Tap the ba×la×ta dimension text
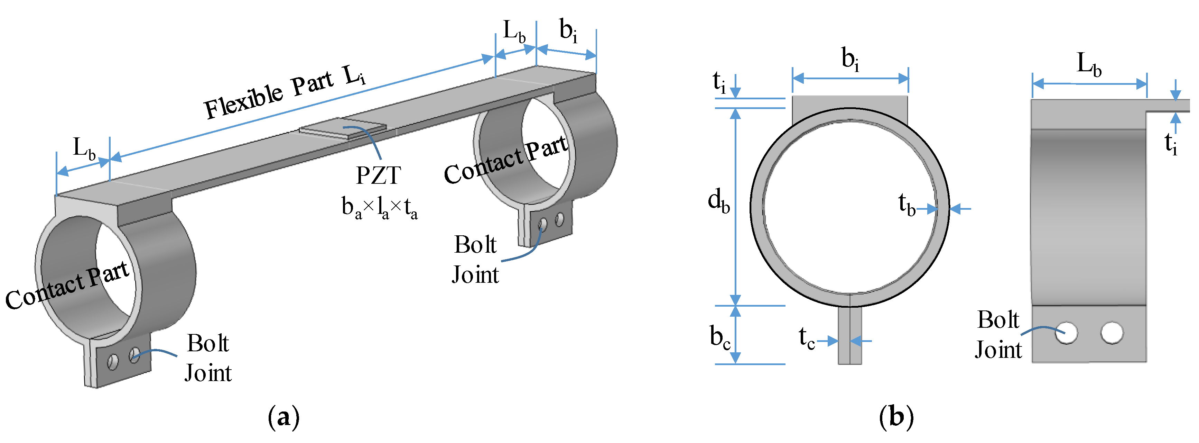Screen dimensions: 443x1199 coord(379,207)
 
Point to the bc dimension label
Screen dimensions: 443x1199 coord(719,337)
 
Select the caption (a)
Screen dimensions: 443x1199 coord(284,416)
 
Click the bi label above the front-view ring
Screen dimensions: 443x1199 coord(850,60)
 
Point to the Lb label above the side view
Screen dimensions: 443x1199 coord(1089,64)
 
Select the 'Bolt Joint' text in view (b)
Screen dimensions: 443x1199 coord(998,334)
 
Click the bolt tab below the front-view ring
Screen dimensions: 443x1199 coord(850,336)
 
